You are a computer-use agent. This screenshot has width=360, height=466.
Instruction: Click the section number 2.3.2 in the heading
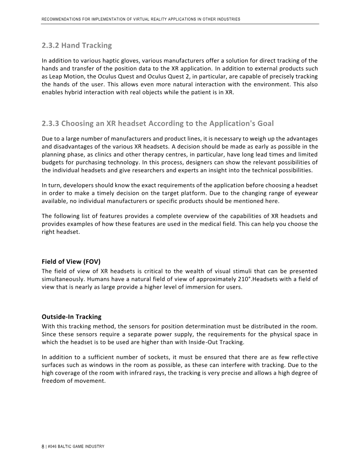tap(50, 45)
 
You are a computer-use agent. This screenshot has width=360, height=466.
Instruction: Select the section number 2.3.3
tap(50, 123)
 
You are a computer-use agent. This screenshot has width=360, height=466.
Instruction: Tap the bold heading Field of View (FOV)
tap(72, 261)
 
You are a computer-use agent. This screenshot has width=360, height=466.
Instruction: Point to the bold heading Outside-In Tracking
tap(71, 317)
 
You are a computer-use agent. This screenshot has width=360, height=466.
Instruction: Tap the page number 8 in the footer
tap(43, 446)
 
